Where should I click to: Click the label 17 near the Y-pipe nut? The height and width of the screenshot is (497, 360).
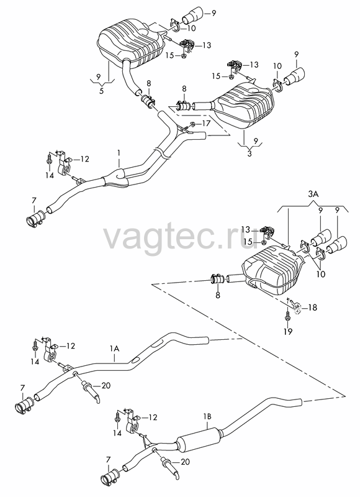(206, 123)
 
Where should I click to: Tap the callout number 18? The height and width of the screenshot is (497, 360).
(312, 307)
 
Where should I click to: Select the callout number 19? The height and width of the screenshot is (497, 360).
(288, 332)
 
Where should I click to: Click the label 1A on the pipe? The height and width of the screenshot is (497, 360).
(115, 349)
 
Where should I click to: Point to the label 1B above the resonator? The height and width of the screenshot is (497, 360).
(207, 416)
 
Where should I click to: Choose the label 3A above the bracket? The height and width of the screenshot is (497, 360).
(313, 195)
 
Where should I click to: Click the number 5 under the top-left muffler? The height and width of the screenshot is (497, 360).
(101, 91)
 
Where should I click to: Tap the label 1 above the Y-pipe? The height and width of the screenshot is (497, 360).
(119, 153)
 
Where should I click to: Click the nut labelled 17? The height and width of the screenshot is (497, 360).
(192, 124)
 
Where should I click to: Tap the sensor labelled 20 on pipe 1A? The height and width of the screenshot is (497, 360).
(90, 390)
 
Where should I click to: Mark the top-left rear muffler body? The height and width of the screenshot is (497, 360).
(130, 43)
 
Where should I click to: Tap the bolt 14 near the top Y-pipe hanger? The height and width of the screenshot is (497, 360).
(49, 158)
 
